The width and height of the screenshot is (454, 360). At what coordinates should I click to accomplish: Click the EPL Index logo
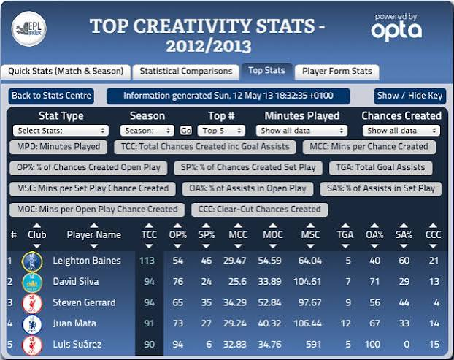(29, 28)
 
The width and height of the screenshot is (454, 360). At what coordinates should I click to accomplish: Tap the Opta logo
(396, 28)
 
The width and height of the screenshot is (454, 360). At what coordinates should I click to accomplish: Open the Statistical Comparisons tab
(186, 72)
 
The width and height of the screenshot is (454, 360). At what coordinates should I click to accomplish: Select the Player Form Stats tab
(337, 72)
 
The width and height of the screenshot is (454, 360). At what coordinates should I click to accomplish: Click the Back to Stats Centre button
(51, 96)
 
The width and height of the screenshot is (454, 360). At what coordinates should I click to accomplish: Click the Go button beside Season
(186, 131)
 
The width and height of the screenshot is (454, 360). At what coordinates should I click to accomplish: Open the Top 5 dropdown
(221, 131)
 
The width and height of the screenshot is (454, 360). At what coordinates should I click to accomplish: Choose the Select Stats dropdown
(61, 131)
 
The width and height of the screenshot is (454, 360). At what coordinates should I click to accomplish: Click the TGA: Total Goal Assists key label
(380, 168)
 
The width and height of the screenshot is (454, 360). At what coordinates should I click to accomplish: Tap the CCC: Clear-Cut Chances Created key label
(259, 210)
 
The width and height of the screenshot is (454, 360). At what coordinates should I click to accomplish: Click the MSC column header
(310, 234)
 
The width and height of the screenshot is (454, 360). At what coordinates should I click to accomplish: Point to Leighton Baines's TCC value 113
(147, 261)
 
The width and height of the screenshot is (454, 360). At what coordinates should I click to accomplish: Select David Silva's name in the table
(76, 282)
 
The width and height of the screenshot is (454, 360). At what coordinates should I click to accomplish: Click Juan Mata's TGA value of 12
(346, 323)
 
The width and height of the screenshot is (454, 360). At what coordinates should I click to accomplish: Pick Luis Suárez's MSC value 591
(314, 345)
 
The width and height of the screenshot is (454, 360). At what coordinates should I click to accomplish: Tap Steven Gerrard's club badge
(32, 303)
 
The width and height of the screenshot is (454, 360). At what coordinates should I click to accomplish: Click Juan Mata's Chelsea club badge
(32, 324)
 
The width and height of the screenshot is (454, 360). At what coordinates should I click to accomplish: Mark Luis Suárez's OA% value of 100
(372, 345)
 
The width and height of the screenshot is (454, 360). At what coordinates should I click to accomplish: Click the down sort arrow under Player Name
(94, 247)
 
